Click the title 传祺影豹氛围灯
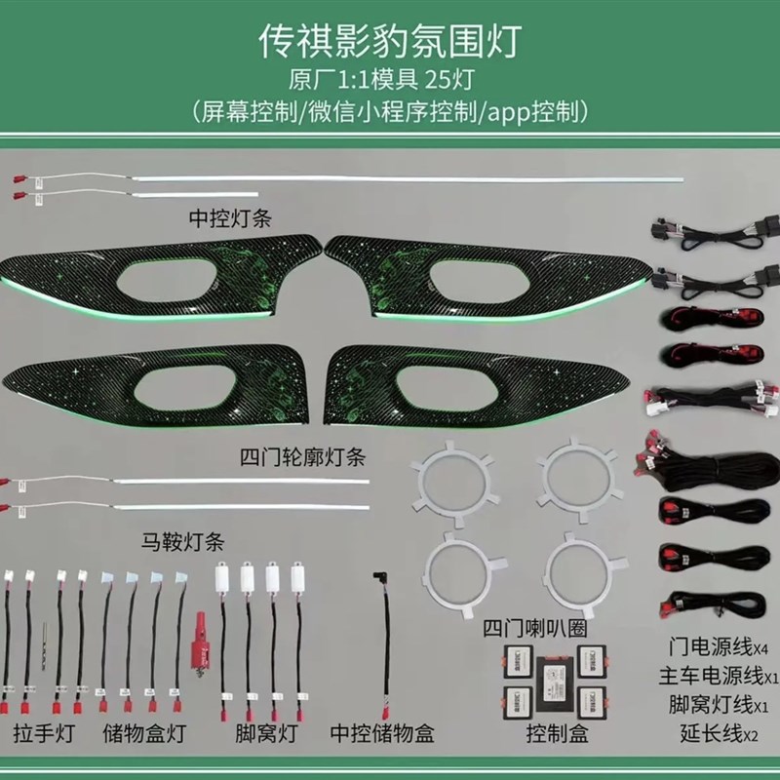tap(390, 41)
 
